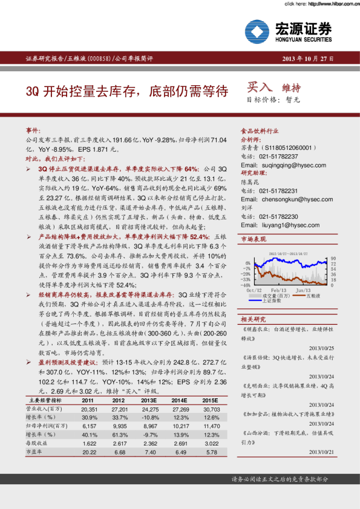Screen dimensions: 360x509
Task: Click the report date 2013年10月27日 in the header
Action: point(308,59)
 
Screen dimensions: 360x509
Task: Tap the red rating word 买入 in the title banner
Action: point(259,88)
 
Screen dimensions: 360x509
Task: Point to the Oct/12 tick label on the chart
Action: point(254,290)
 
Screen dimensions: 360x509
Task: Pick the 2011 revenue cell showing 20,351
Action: point(89,409)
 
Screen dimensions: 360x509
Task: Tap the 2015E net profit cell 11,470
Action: point(210,426)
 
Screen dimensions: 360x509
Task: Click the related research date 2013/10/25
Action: point(321,348)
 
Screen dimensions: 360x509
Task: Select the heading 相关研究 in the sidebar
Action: point(253,319)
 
